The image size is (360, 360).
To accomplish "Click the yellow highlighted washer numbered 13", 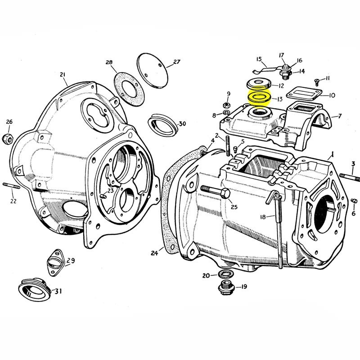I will (x=259, y=97).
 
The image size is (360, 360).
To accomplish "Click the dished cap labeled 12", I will (x=258, y=84).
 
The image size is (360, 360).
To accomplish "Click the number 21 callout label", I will (x=62, y=75).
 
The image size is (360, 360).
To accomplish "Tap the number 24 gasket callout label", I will (x=154, y=253).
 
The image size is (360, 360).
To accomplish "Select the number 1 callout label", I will (x=332, y=153).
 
